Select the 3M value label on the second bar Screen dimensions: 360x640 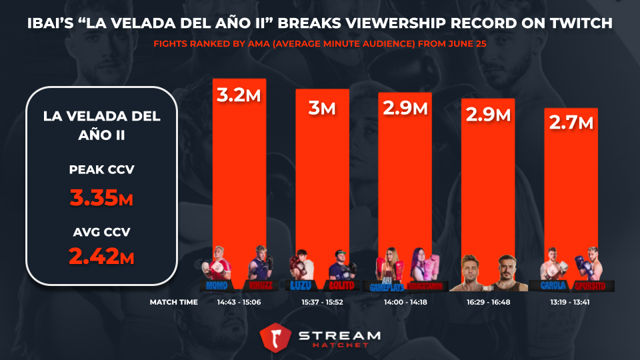[321, 107]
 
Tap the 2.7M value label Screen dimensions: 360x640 [571, 124]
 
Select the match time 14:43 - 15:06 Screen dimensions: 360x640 [239, 302]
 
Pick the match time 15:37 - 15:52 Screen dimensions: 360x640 [322, 302]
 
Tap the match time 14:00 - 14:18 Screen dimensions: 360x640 [405, 302]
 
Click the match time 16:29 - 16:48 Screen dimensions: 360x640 [488, 302]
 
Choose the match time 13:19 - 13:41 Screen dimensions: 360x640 [571, 302]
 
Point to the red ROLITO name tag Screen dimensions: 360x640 [342, 285]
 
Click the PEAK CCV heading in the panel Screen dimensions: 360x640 [102, 169]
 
